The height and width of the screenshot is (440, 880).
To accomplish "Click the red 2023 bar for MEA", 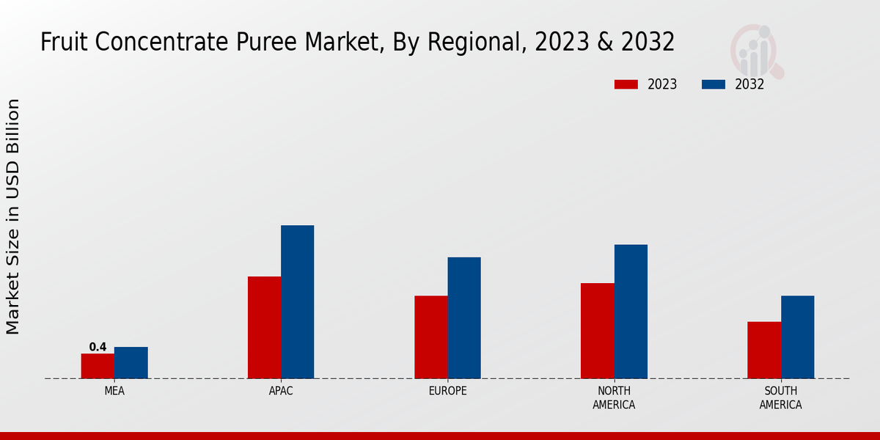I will pos(98,366).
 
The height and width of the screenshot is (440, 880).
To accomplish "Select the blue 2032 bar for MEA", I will pos(131,362).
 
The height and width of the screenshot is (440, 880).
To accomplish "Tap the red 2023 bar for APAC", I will pos(264,327).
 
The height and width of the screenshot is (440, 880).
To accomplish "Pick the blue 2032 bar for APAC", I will pos(297,301).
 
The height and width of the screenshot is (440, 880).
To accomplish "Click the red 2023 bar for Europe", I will pos(430,337).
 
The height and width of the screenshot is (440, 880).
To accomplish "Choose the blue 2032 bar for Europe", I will pos(464,318).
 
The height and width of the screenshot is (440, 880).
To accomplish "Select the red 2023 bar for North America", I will pos(597,331).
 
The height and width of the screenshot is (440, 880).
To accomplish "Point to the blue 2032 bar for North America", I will pos(631,311).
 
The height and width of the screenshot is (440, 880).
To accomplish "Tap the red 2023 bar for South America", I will pos(763,350).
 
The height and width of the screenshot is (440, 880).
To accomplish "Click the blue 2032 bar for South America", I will pos(797,337).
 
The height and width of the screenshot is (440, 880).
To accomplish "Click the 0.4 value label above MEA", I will pos(98,347).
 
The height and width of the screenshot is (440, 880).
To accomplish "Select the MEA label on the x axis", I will pos(114,391).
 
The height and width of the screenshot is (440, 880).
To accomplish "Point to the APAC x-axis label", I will pos(281,391).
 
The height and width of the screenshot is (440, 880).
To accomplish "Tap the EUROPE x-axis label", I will pos(447,391).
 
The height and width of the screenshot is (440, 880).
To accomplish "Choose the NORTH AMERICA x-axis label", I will pos(614,397).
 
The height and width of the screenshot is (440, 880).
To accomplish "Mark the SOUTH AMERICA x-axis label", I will pos(780,397).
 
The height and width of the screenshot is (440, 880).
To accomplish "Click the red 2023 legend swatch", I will pos(626,84).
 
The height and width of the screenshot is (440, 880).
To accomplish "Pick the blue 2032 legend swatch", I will pos(714,84).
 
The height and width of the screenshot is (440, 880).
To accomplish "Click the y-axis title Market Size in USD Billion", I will pos(13,216).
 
